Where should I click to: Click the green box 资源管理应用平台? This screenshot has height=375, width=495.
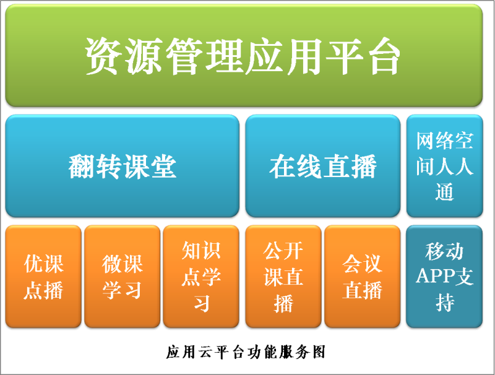click(244, 55)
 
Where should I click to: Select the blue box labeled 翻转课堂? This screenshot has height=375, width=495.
click(122, 166)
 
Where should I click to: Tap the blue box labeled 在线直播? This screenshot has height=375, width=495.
click(322, 166)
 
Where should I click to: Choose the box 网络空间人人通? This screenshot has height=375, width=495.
click(444, 166)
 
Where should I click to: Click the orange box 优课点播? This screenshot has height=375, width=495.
click(43, 277)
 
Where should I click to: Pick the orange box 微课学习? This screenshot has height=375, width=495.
click(122, 277)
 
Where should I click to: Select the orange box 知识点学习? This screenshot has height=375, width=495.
click(201, 277)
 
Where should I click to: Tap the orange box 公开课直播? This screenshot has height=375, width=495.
click(283, 277)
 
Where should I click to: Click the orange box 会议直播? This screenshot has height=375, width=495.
click(363, 277)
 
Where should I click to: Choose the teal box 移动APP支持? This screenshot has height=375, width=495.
click(444, 277)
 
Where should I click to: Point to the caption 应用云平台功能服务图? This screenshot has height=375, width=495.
click(246, 352)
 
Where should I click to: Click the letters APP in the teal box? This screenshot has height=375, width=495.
click(435, 276)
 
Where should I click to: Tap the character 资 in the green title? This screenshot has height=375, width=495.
click(104, 56)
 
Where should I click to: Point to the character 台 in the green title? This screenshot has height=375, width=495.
click(382, 56)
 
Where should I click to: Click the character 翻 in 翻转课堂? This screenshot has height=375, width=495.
click(82, 166)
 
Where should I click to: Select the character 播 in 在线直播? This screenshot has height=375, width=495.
click(363, 166)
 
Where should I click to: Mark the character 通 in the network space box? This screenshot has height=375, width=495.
click(444, 192)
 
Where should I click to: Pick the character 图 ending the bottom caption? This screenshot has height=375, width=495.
click(319, 352)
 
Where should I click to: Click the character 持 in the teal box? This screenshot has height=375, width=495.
click(444, 302)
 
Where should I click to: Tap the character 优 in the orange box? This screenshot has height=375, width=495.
click(34, 264)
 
